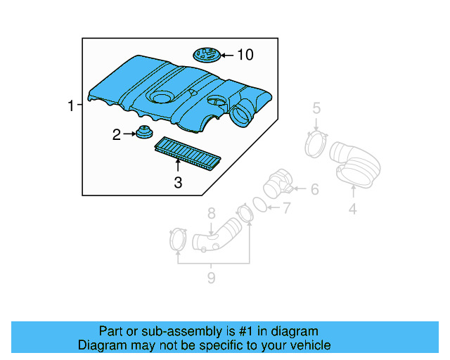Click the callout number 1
(70, 106)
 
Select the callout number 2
(117, 134)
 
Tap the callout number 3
(178, 183)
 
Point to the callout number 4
(353, 208)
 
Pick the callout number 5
(316, 108)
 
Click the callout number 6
(314, 188)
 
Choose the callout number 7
(285, 207)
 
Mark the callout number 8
(210, 213)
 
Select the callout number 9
(210, 278)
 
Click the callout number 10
(245, 54)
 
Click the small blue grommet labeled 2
(145, 133)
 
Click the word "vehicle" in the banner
(308, 345)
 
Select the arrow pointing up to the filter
(178, 166)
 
